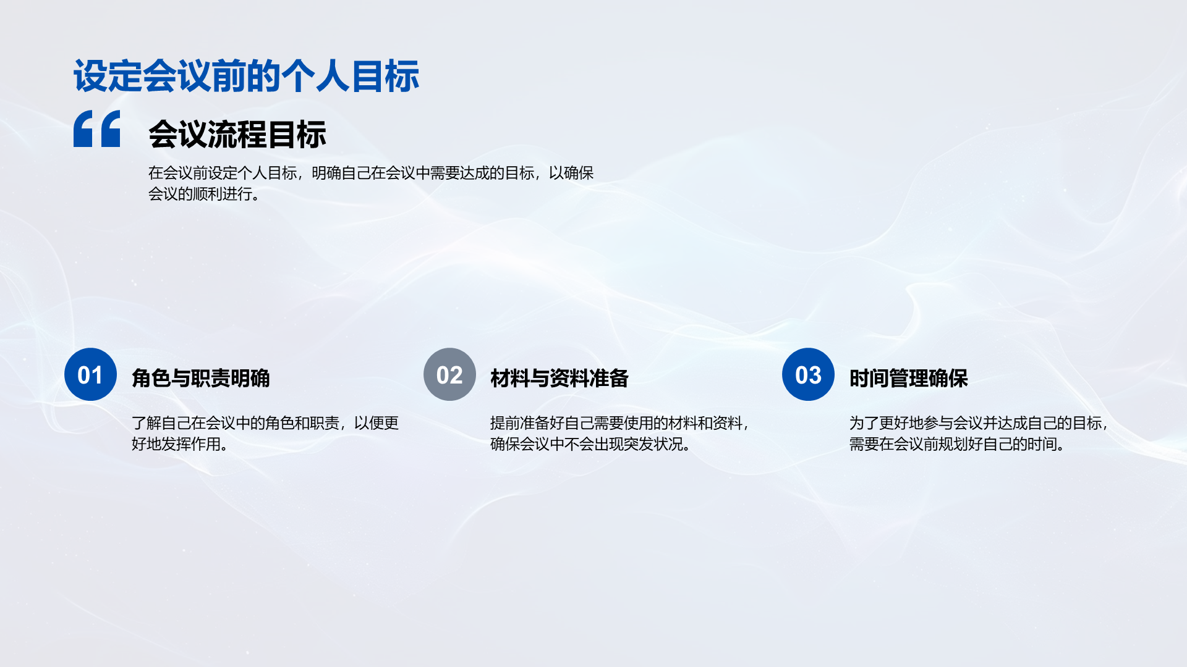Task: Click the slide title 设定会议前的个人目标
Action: tap(246, 77)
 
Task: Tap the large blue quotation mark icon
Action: tap(97, 128)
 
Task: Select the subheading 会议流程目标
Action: tap(237, 135)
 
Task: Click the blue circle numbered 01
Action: tap(90, 374)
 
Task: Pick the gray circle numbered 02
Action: tap(449, 374)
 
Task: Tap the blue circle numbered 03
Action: tap(808, 374)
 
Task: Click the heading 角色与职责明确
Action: tap(201, 378)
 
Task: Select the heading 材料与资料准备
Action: tap(559, 378)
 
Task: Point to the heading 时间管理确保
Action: tap(908, 378)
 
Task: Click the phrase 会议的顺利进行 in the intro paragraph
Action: tap(200, 194)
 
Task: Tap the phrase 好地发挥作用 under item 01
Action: tap(176, 444)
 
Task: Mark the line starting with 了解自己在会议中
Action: tap(265, 423)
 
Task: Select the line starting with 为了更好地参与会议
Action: tap(979, 423)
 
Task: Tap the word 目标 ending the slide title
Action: tap(385, 77)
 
